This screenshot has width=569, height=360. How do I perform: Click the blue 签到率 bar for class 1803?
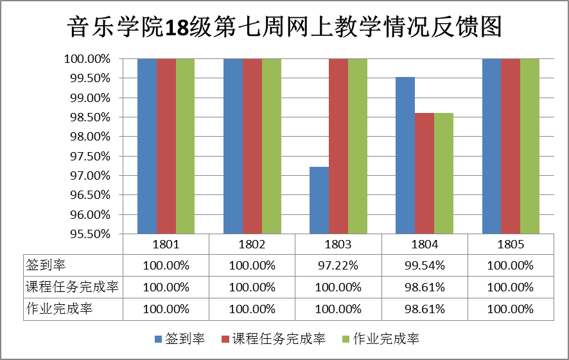click(319, 200)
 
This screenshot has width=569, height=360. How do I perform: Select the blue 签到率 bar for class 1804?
click(405, 155)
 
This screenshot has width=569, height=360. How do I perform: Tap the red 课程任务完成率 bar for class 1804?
click(425, 173)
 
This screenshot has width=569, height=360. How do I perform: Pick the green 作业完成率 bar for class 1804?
click(444, 173)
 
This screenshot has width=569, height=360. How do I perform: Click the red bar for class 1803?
click(338, 146)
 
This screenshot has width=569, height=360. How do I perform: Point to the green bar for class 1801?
click(186, 146)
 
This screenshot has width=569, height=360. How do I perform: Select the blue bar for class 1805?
click(491, 146)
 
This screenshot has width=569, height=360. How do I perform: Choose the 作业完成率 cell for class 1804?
click(425, 309)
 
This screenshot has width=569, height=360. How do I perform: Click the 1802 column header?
click(252, 244)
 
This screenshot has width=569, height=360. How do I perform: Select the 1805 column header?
click(511, 244)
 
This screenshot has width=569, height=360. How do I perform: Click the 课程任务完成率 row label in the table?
click(72, 287)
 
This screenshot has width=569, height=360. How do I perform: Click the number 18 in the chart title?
click(175, 27)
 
